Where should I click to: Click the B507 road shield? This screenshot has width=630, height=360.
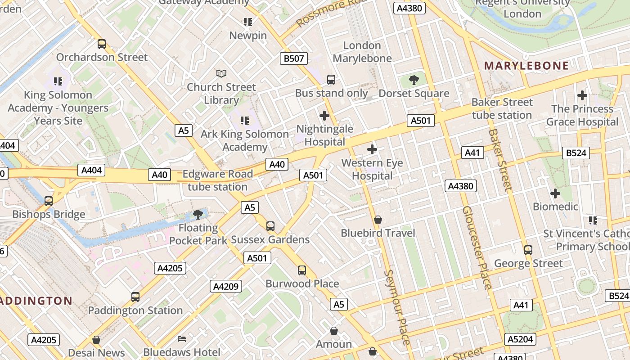[294, 58]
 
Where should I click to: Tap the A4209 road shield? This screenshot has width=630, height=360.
[225, 286]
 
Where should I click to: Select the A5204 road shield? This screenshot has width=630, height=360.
[521, 339]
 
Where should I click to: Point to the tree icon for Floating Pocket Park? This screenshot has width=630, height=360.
[198, 214]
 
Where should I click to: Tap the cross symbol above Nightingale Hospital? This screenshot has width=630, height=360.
[324, 116]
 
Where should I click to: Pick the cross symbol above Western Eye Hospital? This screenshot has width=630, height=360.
[372, 149]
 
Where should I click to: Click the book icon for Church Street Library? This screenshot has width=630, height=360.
[221, 73]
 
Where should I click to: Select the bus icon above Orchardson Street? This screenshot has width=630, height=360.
[102, 44]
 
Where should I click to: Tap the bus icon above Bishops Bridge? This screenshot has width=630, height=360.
[49, 201]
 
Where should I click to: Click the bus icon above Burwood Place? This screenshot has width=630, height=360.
[302, 270]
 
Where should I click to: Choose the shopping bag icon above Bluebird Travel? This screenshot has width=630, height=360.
[378, 220]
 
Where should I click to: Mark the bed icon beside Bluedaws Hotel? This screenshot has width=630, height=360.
[182, 339]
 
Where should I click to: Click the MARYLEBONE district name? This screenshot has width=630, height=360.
[526, 66]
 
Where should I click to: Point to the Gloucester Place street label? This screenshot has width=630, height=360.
[477, 247]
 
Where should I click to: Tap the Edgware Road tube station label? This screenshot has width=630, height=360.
[218, 180]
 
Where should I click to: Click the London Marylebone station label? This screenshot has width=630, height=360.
[362, 52]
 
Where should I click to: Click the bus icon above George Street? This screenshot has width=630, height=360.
[528, 250]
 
